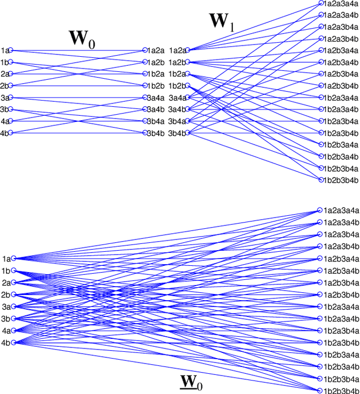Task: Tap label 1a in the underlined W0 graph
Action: point(6,259)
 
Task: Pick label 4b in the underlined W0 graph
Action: point(6,342)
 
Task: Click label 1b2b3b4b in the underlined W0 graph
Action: point(341,391)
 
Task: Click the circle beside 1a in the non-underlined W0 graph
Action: point(11,51)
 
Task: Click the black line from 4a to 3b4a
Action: point(79,121)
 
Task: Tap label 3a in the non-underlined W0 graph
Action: point(4,98)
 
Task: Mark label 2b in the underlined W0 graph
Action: point(6,295)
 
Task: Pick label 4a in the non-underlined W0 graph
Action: point(4,121)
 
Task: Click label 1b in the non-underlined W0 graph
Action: point(4,62)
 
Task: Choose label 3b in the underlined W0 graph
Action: point(6,319)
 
